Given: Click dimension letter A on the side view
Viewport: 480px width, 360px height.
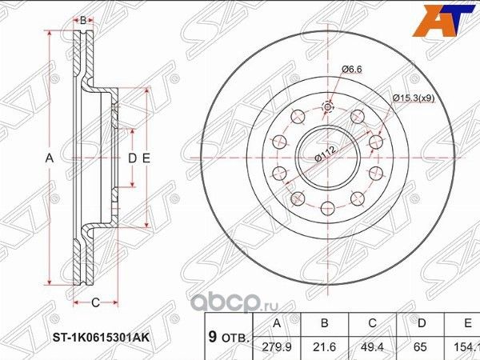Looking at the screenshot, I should [50, 158].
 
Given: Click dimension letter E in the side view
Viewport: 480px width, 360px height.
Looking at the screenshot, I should [146, 158].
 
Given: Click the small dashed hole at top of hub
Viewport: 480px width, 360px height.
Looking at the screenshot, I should [327, 108].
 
